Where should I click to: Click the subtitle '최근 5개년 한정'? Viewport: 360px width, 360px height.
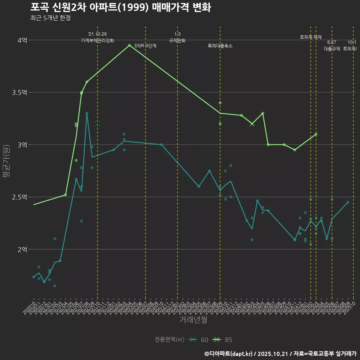(50, 18)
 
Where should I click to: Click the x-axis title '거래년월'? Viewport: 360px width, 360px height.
(193, 320)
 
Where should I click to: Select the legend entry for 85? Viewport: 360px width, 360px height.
(224, 340)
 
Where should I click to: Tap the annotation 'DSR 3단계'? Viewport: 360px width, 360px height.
(145, 46)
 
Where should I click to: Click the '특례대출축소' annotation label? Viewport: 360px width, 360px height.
(220, 46)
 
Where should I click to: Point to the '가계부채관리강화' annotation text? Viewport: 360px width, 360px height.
(97, 40)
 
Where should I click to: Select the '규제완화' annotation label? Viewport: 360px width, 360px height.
(177, 40)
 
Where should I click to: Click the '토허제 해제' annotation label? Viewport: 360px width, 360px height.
(311, 37)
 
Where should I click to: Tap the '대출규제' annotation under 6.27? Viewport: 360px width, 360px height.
(332, 49)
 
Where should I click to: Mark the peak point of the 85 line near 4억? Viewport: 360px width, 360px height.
(129, 45)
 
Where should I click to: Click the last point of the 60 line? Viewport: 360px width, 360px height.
(348, 202)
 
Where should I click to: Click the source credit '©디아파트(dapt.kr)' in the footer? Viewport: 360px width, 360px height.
(229, 353)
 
